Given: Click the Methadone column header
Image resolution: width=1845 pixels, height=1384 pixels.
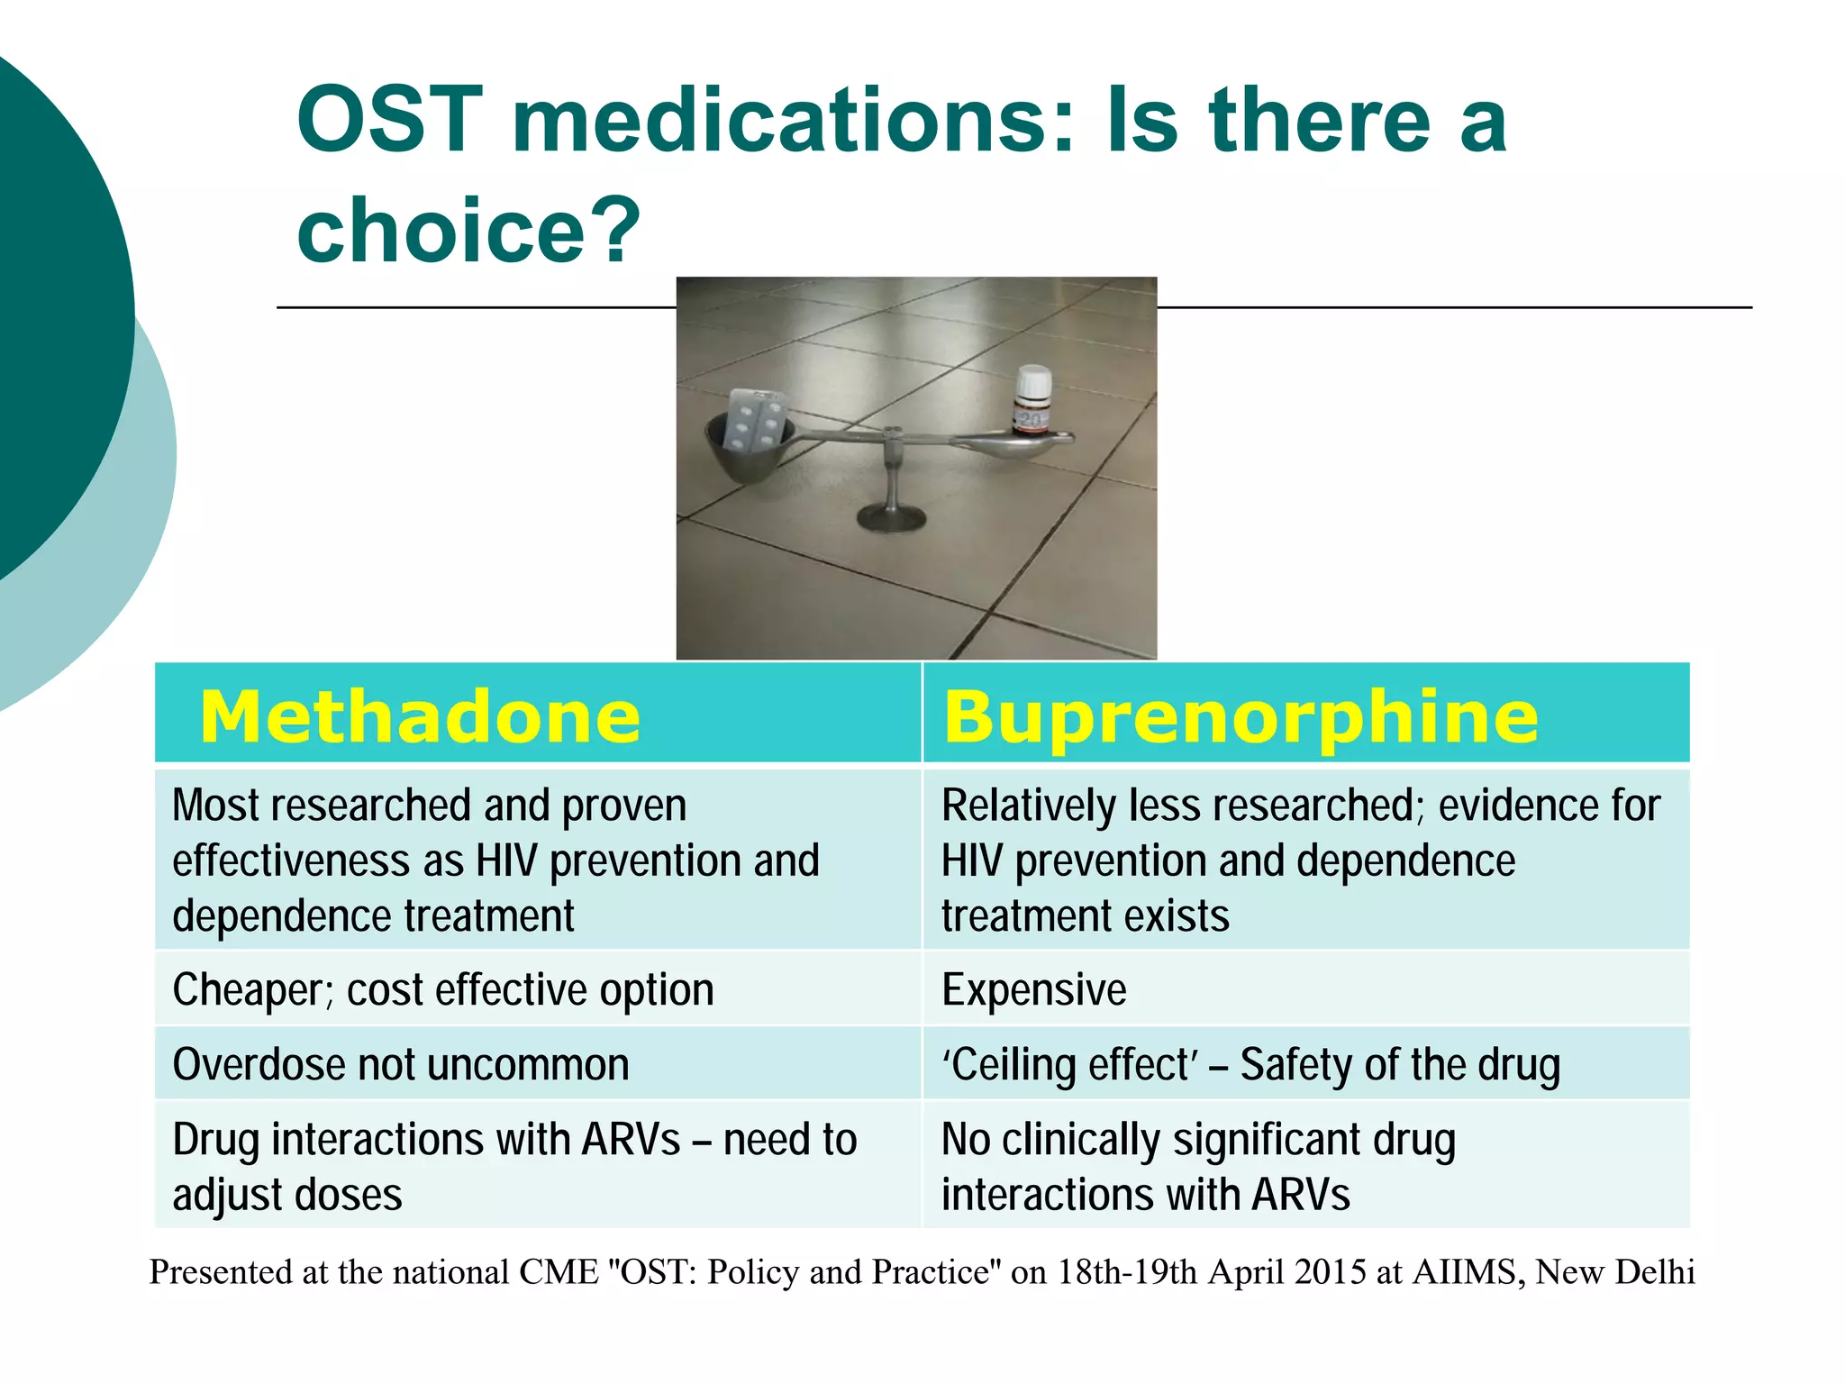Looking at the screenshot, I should point(420,717).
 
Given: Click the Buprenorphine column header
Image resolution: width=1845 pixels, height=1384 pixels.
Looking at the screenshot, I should point(1241,717).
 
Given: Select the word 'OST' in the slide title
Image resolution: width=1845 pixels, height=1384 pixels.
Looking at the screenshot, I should point(389,121).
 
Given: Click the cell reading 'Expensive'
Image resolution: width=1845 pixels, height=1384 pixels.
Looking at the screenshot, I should point(1033,989).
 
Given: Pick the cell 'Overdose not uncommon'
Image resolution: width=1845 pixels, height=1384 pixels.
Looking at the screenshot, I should point(401,1064).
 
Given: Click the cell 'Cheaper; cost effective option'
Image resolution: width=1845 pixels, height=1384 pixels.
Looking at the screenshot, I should point(443,989).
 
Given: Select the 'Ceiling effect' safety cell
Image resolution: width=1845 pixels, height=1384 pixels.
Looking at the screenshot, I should point(1250,1064).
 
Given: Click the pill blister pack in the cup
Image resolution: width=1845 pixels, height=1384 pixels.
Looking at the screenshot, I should point(755,421).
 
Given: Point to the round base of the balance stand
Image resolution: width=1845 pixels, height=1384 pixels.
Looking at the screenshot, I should point(891,517).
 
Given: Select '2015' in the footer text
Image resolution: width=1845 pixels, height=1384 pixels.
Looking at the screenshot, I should point(1330,1271).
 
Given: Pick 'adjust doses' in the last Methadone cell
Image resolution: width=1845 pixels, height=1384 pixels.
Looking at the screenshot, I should point(287,1195).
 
